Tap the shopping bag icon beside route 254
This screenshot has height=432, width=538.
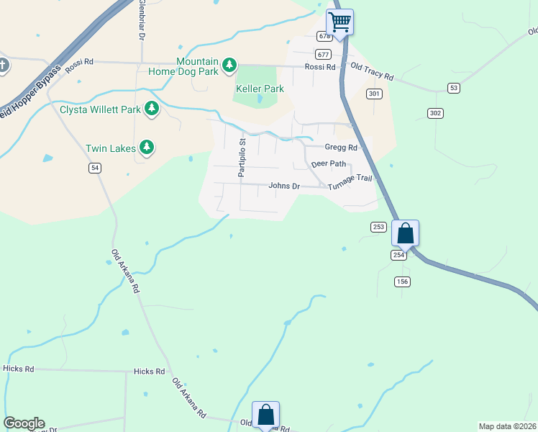[405, 233]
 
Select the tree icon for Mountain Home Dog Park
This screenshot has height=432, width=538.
[229, 66]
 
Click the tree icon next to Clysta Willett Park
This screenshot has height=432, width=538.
[151, 109]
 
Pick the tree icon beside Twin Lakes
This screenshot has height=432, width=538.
[147, 148]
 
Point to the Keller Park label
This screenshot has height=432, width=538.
[260, 89]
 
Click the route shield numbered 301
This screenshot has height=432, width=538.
[374, 94]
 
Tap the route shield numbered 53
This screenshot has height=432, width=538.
[453, 88]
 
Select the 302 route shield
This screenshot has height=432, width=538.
[434, 113]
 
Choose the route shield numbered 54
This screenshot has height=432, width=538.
[95, 168]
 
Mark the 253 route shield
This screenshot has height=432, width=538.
[379, 227]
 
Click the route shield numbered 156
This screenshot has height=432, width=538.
[402, 282]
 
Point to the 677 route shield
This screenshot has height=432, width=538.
[323, 55]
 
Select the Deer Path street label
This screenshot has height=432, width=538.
[329, 163]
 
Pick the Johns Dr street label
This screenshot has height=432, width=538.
[283, 186]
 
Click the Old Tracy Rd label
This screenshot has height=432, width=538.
[372, 75]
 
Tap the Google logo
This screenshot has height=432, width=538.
[24, 423]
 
